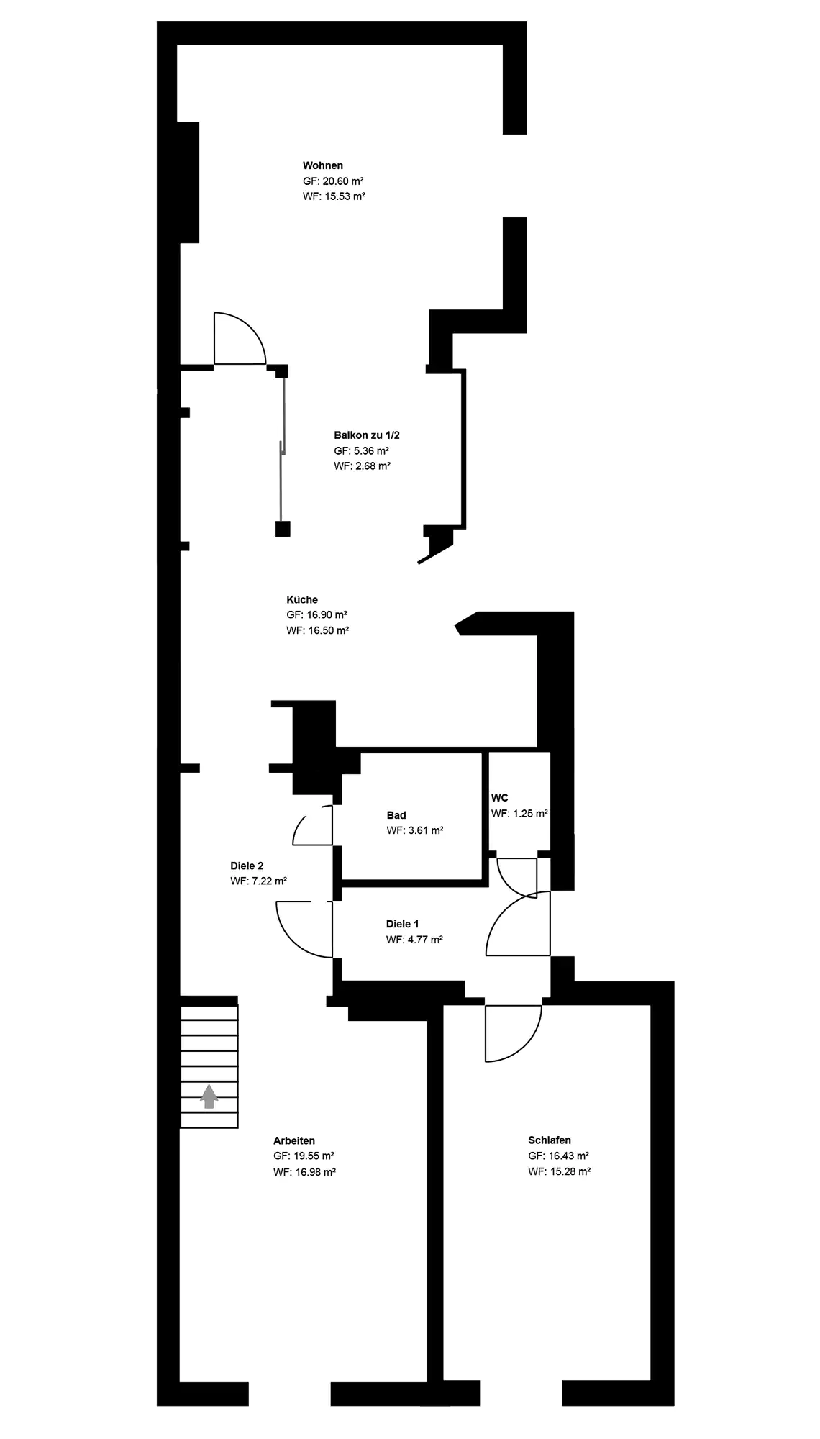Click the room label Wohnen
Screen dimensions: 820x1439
(x=323, y=165)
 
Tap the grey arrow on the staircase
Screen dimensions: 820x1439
(x=209, y=1097)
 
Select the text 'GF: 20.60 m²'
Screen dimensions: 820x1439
(x=333, y=181)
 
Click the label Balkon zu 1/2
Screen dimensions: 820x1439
(x=367, y=435)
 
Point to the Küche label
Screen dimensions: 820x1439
(x=302, y=599)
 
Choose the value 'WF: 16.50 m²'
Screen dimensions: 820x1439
(x=318, y=630)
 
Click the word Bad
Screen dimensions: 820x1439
(x=396, y=815)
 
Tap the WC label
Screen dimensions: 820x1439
(x=500, y=798)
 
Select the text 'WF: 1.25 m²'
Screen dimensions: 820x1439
(x=519, y=814)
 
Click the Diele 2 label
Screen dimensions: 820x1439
(x=247, y=866)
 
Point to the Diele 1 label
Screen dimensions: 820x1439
(x=402, y=924)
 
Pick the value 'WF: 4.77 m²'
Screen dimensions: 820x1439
(x=414, y=939)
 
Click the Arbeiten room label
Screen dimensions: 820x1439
(x=294, y=1140)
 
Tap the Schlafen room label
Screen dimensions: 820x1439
(x=550, y=1140)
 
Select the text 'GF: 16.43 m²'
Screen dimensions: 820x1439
(x=559, y=1156)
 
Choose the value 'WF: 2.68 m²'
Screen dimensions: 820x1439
(x=363, y=466)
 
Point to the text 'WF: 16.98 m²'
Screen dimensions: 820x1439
(x=305, y=1171)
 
